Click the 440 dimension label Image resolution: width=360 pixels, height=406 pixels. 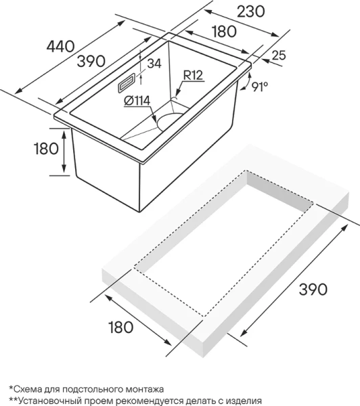pyautogui.click(x=61, y=47)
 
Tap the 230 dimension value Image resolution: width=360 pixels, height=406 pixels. pyautogui.click(x=251, y=12)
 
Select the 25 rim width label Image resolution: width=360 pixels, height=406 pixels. pyautogui.click(x=279, y=55)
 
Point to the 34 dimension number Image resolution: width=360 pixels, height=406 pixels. pyautogui.click(x=154, y=64)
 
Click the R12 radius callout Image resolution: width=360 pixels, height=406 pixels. pyautogui.click(x=193, y=75)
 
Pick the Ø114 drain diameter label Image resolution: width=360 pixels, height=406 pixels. pyautogui.click(x=137, y=101)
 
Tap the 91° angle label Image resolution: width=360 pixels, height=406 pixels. pyautogui.click(x=260, y=87)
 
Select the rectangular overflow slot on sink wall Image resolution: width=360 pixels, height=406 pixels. pyautogui.click(x=127, y=83)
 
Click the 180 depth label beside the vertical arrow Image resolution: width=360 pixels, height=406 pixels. pyautogui.click(x=47, y=149)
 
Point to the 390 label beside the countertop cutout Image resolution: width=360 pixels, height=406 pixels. pyautogui.click(x=313, y=289)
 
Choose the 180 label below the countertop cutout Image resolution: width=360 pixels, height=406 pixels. pyautogui.click(x=121, y=327)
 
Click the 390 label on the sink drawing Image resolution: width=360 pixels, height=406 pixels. pyautogui.click(x=91, y=62)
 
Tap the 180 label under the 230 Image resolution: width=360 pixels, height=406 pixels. pyautogui.click(x=224, y=31)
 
